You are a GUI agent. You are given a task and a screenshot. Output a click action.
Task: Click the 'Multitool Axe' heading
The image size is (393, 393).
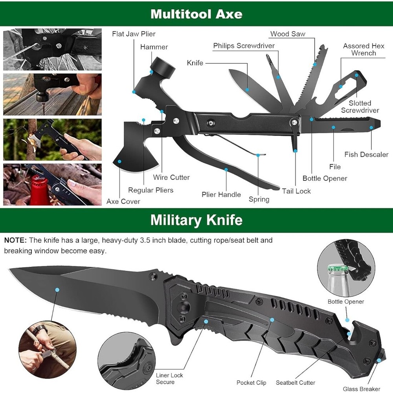[196, 14]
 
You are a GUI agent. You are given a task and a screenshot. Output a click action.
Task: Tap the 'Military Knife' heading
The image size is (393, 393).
[196, 220]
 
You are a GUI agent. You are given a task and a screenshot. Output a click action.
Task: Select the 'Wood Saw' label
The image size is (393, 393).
[288, 34]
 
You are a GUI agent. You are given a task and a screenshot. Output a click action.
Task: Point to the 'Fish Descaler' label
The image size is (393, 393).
[366, 154]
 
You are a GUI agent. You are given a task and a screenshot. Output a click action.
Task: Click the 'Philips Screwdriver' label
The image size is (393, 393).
[244, 46]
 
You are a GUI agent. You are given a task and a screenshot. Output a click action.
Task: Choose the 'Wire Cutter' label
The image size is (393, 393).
[171, 177]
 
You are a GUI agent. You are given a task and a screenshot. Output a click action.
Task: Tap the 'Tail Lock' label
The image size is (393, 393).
[296, 191]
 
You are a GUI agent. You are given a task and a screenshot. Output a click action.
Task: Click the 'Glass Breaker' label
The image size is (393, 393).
[361, 389]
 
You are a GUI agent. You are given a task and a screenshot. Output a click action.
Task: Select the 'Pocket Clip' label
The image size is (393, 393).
[251, 382]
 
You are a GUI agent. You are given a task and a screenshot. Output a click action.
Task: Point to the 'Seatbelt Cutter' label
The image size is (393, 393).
[295, 382]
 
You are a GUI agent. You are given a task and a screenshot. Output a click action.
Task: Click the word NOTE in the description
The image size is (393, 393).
[16, 240]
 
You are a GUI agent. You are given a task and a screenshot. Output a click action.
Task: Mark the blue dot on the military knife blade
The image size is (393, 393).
[57, 290]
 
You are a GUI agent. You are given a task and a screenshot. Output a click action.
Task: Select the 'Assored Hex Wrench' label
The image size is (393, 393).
[364, 50]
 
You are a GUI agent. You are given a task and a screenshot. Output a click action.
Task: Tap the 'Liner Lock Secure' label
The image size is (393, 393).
[169, 378]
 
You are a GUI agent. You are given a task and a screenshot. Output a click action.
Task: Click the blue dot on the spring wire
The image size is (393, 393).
[258, 155]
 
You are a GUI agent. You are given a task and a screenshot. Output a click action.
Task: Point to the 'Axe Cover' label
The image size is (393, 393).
[123, 201]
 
